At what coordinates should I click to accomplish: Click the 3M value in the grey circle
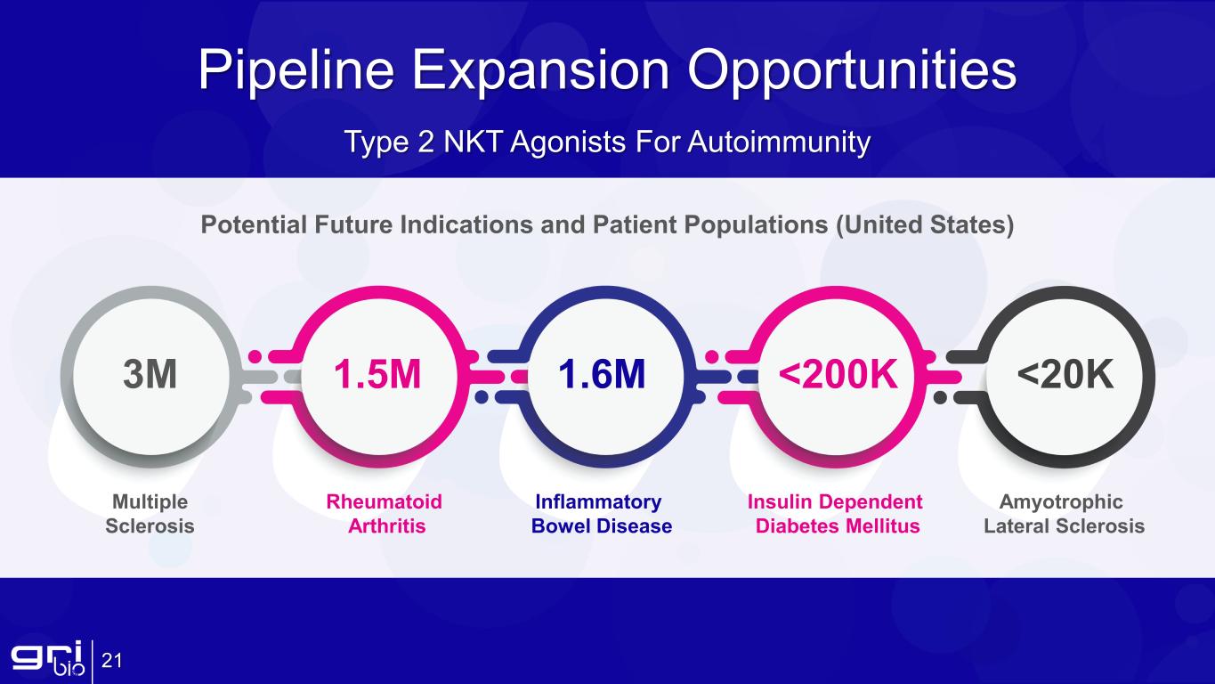(150, 375)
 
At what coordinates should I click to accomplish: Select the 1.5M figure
(377, 375)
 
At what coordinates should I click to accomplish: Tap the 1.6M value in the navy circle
(602, 375)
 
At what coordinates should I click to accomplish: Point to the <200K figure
(838, 375)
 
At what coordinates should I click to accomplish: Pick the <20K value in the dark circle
(1065, 375)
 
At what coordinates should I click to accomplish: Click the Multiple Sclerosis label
(150, 514)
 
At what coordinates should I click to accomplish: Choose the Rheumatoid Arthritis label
(385, 514)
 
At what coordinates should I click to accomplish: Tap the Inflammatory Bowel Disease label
(601, 514)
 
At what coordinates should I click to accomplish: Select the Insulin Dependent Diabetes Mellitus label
(835, 514)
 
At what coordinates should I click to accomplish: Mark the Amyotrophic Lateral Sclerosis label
(1064, 514)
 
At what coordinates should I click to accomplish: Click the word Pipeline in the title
(296, 71)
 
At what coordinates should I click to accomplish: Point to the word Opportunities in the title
(852, 71)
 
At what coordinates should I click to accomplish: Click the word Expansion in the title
(541, 71)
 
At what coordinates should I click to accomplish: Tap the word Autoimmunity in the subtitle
(779, 142)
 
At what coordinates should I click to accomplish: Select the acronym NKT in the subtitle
(474, 142)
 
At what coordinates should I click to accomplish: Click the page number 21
(112, 661)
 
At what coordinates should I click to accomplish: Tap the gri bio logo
(48, 658)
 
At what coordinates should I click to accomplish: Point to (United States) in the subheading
(925, 225)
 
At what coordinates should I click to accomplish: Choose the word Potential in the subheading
(254, 224)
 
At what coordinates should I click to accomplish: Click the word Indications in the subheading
(466, 224)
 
